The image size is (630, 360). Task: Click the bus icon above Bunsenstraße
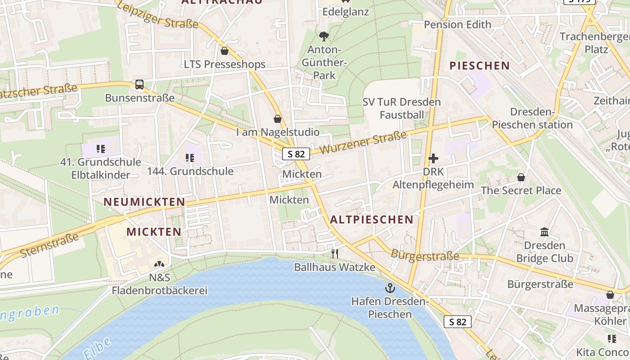(139, 84)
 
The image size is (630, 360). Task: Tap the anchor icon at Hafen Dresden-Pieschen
(390, 288)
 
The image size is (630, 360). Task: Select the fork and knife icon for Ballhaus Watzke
(334, 254)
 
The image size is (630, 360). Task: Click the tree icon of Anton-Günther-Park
(324, 36)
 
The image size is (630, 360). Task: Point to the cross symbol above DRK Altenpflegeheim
(433, 158)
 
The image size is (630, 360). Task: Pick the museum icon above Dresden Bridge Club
(544, 232)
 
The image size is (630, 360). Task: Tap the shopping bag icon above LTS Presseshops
(225, 51)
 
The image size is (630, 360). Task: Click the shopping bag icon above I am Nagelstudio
(278, 119)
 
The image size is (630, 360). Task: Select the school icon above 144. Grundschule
(190, 158)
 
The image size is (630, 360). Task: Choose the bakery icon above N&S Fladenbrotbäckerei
(159, 264)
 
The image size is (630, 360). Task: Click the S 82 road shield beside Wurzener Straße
(296, 154)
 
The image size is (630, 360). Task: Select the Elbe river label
(97, 348)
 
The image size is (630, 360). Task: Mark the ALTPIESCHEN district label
(371, 220)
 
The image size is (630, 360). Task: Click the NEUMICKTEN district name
(144, 202)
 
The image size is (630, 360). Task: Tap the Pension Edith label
(458, 25)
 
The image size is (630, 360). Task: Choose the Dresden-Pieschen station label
(532, 118)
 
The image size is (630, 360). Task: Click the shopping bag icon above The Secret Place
(521, 177)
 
